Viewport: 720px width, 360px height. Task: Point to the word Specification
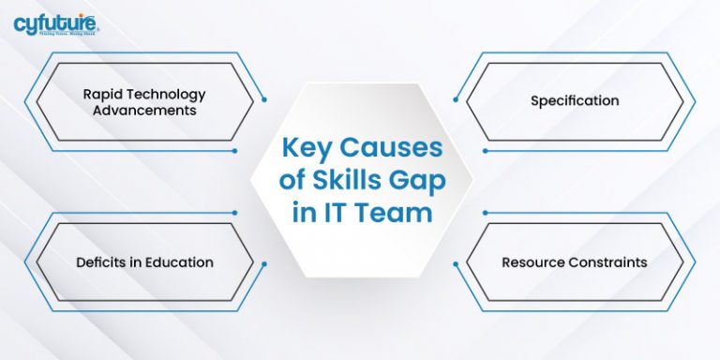[575, 100]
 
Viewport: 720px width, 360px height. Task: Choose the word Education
[178, 262]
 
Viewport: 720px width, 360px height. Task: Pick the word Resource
[533, 262]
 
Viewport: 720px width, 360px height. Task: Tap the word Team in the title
[396, 213]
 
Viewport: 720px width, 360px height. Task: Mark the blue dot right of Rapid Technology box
[265, 98]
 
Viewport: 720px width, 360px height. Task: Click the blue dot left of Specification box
[454, 98]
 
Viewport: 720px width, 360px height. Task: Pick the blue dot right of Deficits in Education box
[265, 265]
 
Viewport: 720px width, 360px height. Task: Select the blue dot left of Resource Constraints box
[454, 265]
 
